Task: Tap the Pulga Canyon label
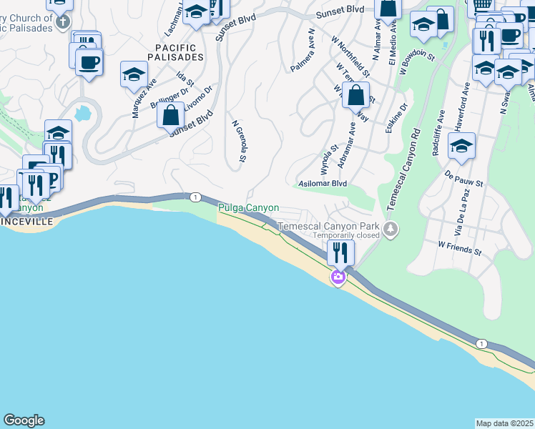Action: click(x=248, y=208)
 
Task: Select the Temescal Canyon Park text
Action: click(x=328, y=226)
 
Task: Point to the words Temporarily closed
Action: click(x=345, y=235)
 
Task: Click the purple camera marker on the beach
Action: click(x=338, y=277)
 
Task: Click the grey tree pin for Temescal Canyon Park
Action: click(x=390, y=230)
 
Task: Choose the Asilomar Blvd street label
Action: click(x=322, y=183)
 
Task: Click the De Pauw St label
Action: click(x=464, y=178)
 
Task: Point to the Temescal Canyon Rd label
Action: click(x=403, y=169)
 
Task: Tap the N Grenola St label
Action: click(x=239, y=140)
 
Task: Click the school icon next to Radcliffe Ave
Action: click(x=462, y=147)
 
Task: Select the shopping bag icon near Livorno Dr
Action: click(x=170, y=114)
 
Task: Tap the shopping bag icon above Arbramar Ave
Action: click(x=355, y=94)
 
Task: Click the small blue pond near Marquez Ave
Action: click(x=83, y=113)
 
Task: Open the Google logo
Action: click(x=24, y=420)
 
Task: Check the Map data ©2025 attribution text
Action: click(x=505, y=423)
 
